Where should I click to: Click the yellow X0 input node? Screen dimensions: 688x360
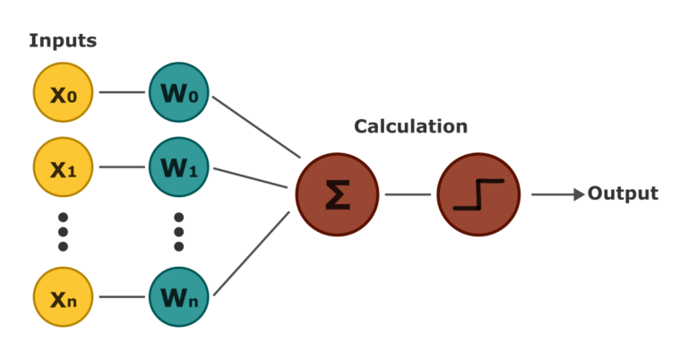(64, 92)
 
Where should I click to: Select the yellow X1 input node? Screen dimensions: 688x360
(64, 167)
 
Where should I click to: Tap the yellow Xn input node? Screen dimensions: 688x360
(64, 296)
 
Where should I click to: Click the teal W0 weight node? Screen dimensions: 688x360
(178, 92)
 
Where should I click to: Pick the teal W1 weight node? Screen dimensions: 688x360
(178, 167)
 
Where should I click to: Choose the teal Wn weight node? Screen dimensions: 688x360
(178, 296)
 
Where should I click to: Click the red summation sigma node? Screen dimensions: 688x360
(337, 194)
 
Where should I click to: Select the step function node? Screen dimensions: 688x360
(478, 194)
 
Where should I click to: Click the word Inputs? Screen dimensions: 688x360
(63, 41)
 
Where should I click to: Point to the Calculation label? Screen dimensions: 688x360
(410, 126)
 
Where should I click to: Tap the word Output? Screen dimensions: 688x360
(623, 193)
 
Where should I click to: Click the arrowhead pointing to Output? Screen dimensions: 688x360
(580, 194)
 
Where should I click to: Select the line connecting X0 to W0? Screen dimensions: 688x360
(122, 92)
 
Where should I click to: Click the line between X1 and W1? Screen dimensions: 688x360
(122, 167)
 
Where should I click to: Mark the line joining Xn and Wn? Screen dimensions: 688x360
(122, 296)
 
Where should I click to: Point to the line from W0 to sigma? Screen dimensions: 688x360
(257, 127)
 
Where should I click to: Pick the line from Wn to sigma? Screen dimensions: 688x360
(252, 253)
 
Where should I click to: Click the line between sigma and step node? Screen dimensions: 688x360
(408, 194)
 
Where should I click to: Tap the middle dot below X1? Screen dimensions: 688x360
(64, 232)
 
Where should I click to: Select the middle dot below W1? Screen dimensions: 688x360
(178, 232)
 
